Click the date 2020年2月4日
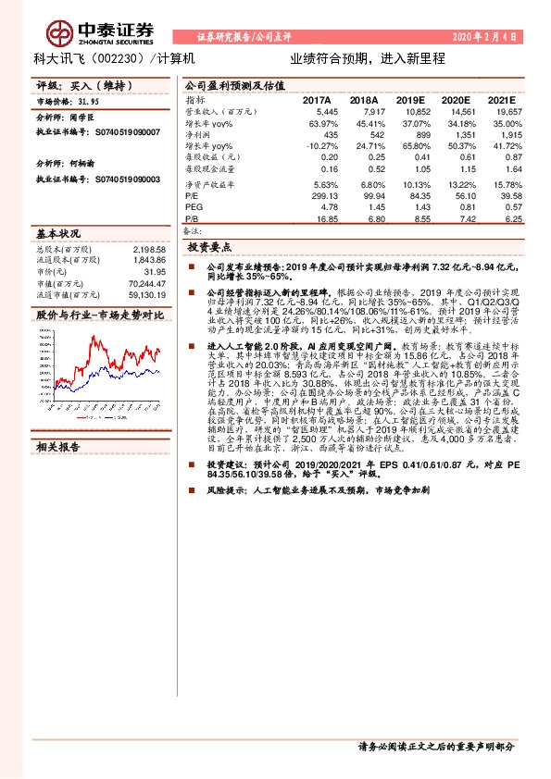tap(482, 38)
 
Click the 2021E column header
tap(499, 100)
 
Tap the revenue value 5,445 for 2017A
tap(325, 112)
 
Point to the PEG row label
tap(193, 208)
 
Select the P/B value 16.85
tap(326, 220)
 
